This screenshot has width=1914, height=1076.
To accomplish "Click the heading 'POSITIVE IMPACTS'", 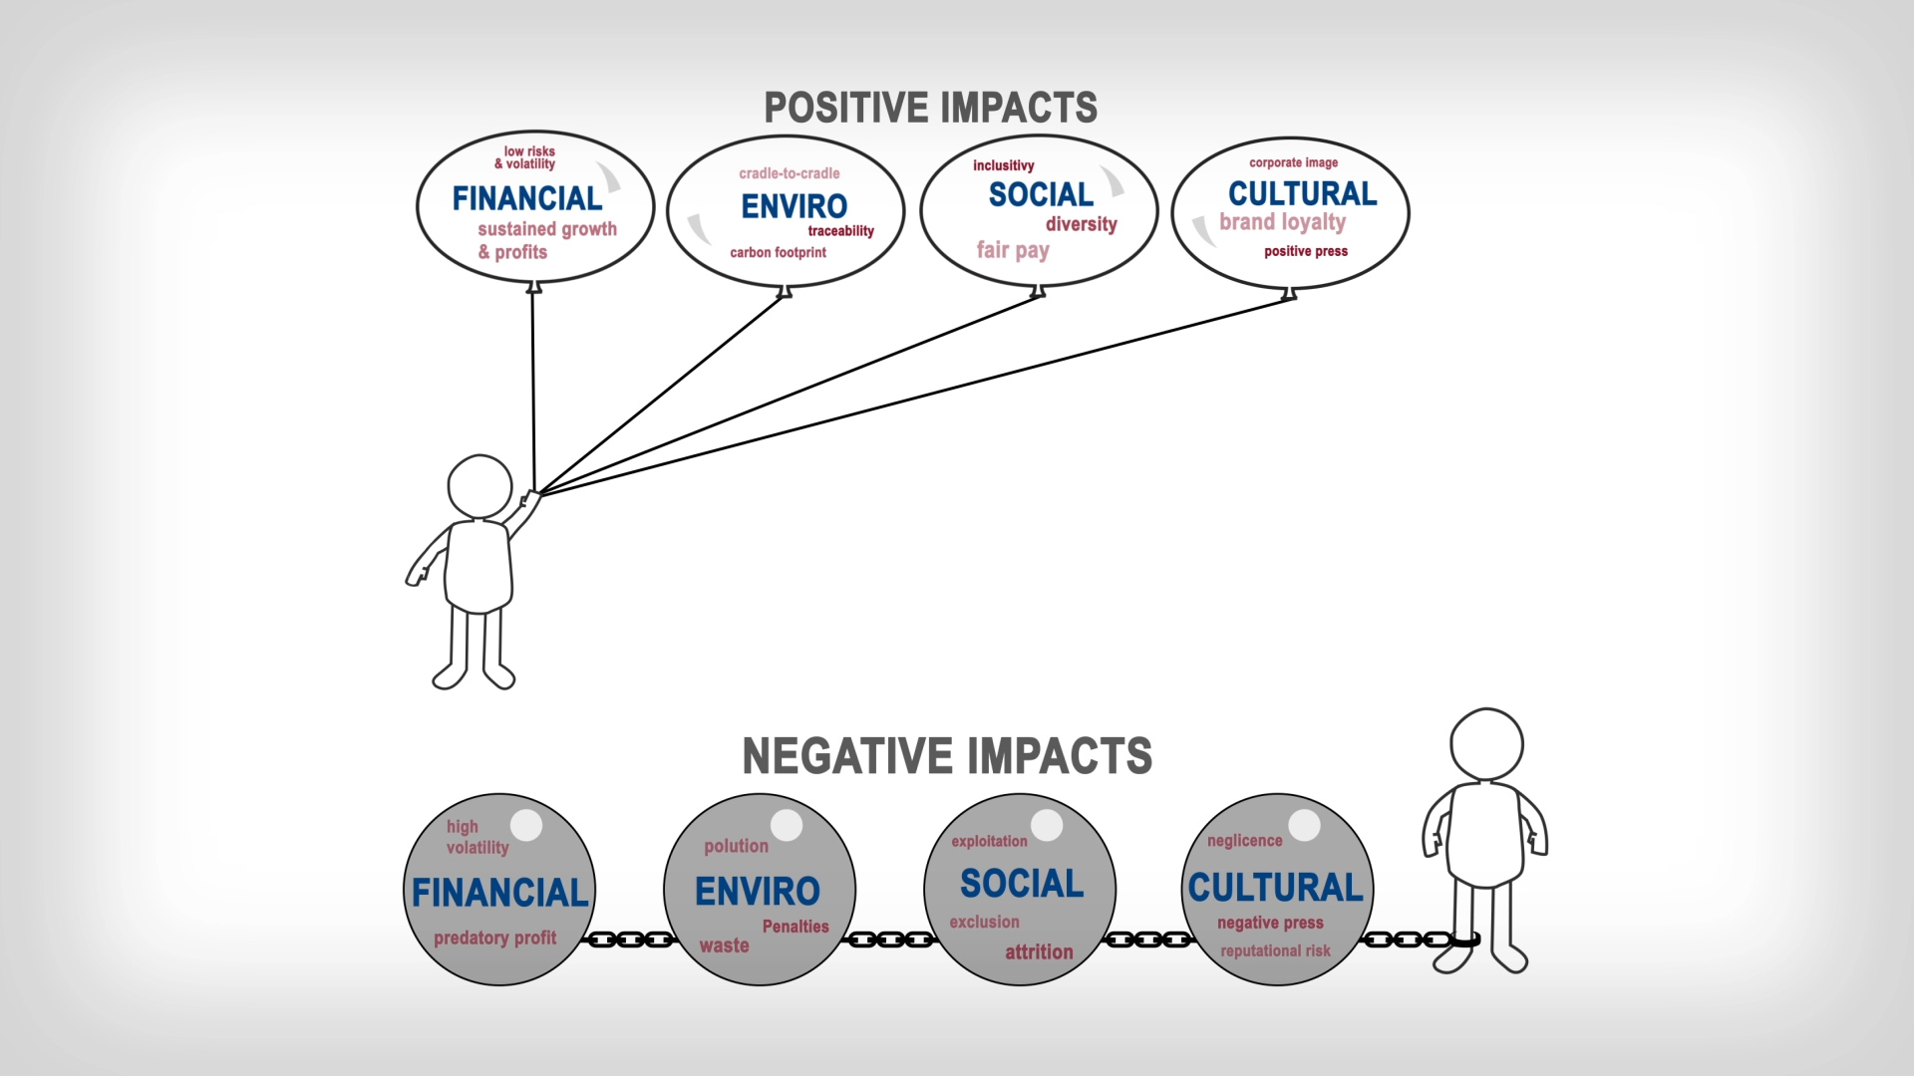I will (x=930, y=108).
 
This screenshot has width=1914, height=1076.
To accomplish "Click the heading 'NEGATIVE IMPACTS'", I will (x=947, y=756).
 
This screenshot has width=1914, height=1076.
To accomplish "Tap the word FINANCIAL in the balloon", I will (x=527, y=198).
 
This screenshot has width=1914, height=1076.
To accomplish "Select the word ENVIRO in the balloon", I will (x=794, y=206).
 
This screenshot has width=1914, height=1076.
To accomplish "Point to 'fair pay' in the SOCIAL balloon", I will (x=1012, y=250).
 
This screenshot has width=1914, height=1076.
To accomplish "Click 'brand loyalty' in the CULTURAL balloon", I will (x=1282, y=222).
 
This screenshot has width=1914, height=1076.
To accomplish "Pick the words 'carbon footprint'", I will (x=778, y=253).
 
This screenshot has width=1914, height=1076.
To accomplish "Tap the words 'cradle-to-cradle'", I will (x=789, y=173).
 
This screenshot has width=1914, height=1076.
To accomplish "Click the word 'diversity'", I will (x=1081, y=224).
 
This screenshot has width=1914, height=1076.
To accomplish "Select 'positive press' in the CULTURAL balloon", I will (x=1305, y=251).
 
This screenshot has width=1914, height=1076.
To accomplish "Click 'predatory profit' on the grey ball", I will (x=494, y=938).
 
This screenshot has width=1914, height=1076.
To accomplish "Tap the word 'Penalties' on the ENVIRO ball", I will (x=795, y=927).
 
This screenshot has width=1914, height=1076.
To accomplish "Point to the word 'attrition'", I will (x=1039, y=952).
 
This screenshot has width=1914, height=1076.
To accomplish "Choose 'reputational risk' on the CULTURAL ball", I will (x=1275, y=950).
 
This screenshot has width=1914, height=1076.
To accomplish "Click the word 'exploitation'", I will (x=989, y=841).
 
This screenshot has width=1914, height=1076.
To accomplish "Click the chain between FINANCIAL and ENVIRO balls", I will (x=630, y=940).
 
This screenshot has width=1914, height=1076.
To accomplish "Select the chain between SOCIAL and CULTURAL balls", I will (x=1148, y=940).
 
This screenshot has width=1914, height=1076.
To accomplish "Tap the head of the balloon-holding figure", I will (x=479, y=486).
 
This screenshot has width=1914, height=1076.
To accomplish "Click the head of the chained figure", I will (x=1486, y=744).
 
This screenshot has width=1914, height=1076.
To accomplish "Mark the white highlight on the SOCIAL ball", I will (x=1047, y=824).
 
